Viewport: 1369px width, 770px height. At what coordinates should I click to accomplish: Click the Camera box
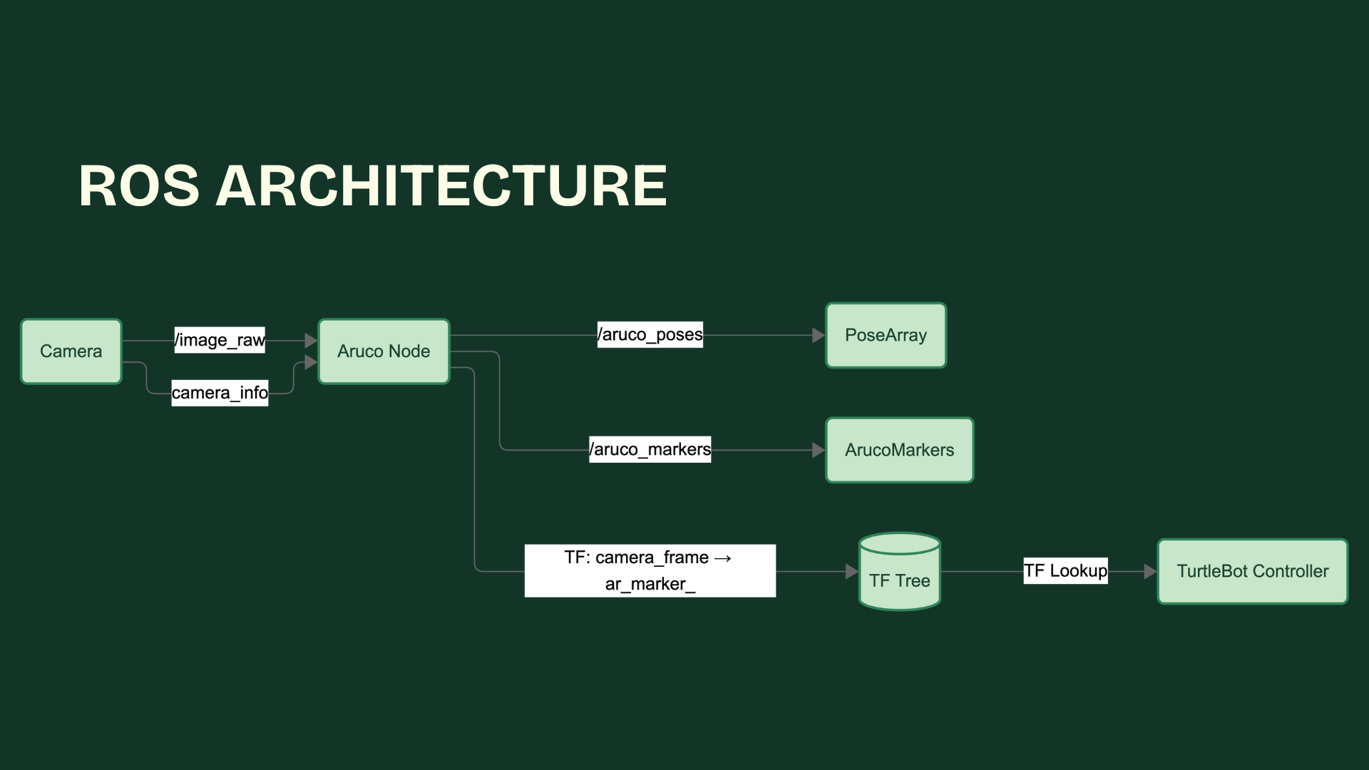[x=71, y=351]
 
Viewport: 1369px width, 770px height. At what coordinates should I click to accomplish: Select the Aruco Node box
[x=384, y=351]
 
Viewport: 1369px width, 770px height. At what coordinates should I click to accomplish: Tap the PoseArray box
[x=886, y=335]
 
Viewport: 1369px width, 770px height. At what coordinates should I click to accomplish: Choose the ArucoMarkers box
[x=899, y=450]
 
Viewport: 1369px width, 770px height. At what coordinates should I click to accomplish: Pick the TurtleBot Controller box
[x=1252, y=571]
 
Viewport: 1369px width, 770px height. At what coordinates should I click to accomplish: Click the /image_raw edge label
[x=220, y=340]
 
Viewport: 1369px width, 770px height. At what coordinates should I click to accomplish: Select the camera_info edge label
[x=220, y=393]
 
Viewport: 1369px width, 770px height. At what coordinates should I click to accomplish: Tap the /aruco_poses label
[x=650, y=334]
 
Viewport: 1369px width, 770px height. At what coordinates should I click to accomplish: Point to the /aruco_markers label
[x=650, y=449]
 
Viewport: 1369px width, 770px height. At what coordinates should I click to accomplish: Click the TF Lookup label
[x=1065, y=570]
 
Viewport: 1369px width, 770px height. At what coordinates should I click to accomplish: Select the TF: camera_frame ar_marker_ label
[x=650, y=570]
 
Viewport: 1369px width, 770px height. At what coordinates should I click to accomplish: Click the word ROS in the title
[x=139, y=186]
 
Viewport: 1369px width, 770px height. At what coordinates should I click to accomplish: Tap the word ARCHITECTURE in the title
[x=441, y=186]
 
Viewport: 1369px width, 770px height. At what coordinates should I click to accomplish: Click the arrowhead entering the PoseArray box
[x=819, y=335]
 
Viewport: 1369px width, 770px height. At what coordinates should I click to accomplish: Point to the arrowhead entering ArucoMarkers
[x=819, y=450]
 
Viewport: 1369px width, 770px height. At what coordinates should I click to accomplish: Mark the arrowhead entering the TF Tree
[x=851, y=571]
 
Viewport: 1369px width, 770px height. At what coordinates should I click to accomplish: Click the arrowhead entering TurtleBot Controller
[x=1149, y=571]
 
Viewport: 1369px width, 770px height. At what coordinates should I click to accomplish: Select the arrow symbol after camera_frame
[x=722, y=558]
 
